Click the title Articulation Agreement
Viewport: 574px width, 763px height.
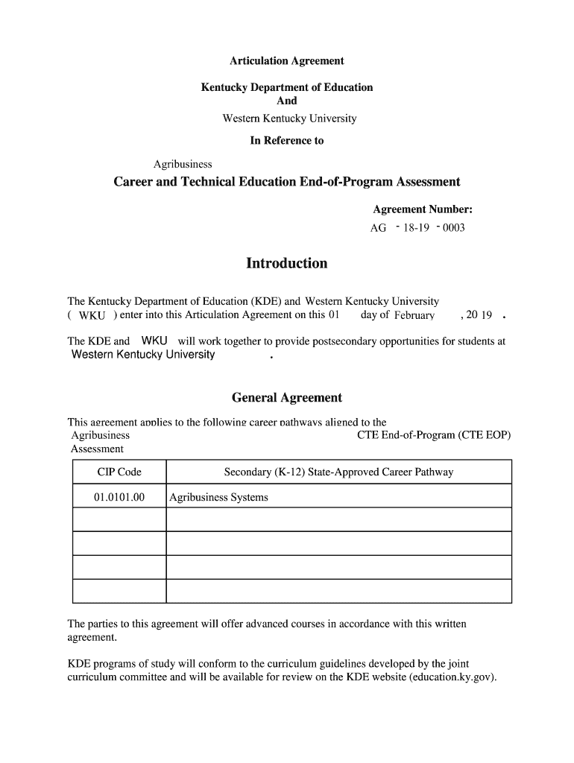point(286,61)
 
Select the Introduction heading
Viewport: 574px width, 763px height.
point(286,264)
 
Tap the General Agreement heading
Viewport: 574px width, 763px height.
point(286,398)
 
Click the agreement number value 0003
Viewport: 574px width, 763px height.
point(453,228)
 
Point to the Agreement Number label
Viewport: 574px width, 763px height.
point(423,209)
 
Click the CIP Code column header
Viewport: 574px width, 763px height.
point(119,472)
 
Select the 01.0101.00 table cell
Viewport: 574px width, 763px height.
point(119,497)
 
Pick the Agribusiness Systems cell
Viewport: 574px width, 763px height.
point(218,497)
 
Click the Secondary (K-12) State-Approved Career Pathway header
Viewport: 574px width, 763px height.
point(338,472)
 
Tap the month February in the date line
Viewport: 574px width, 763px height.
point(414,315)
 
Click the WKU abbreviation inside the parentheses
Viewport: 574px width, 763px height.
point(92,316)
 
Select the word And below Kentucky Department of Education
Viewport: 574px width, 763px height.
point(286,101)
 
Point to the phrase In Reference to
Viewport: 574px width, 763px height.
point(286,140)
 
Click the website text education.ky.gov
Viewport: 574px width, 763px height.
point(452,678)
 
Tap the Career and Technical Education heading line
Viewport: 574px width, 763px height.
point(286,183)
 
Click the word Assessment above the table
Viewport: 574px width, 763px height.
point(97,449)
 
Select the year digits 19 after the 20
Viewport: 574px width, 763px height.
point(486,315)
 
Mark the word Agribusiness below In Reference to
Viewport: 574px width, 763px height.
point(183,164)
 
